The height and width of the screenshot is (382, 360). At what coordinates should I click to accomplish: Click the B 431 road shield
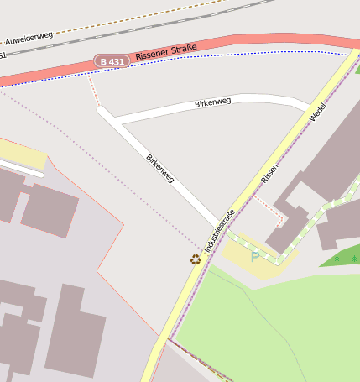(111, 61)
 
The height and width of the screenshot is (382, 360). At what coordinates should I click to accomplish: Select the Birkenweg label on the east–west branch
(212, 102)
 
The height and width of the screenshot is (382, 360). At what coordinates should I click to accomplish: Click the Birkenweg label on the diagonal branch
(159, 168)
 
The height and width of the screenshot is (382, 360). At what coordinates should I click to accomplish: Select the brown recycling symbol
(196, 259)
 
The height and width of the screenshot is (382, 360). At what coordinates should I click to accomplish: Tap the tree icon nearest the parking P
(337, 259)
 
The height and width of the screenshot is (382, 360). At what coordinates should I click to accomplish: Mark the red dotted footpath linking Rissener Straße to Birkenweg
(93, 91)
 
